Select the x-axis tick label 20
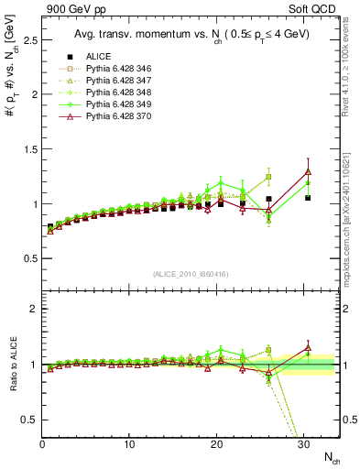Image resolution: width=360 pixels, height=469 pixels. pyautogui.click(x=217, y=444)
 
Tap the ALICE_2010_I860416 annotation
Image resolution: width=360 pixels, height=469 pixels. pyautogui.click(x=189, y=274)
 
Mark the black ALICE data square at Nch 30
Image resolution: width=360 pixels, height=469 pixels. pyautogui.click(x=308, y=198)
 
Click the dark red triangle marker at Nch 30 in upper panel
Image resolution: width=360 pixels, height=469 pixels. pyautogui.click(x=308, y=171)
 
